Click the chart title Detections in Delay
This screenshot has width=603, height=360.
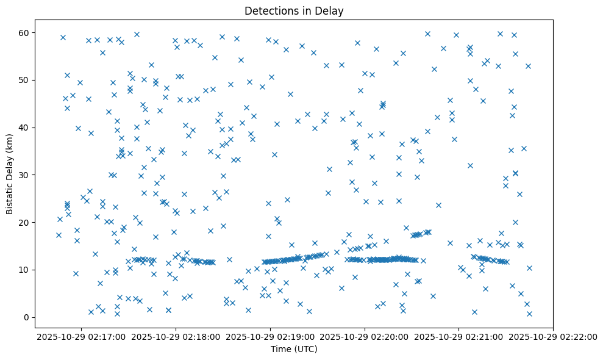pyautogui.click(x=294, y=10)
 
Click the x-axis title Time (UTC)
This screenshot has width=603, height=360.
pyautogui.click(x=294, y=350)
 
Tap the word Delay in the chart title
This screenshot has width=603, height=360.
pyautogui.click(x=331, y=10)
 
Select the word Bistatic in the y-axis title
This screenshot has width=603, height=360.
pyautogui.click(x=10, y=197)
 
